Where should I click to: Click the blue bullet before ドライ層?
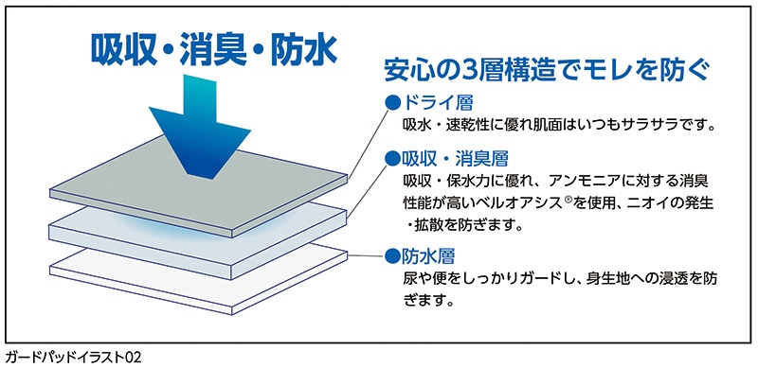(391, 101)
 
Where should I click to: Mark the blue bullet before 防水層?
(391, 255)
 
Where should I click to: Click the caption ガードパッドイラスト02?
(72, 358)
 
